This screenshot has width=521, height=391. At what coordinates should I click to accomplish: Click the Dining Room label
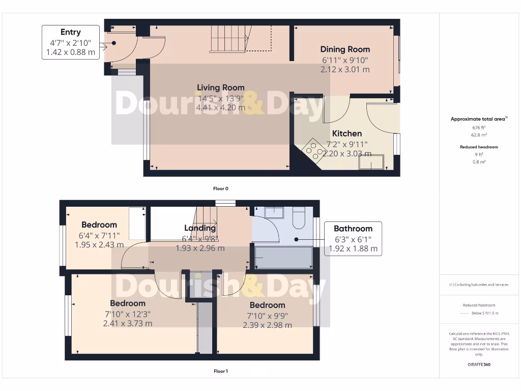(x=345, y=49)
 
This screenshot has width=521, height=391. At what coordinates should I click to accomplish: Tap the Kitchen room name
(x=347, y=133)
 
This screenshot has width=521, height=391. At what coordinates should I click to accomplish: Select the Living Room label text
(x=221, y=88)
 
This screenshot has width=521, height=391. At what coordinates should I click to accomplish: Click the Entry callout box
(x=71, y=42)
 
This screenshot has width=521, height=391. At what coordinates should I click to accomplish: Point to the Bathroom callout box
(x=353, y=239)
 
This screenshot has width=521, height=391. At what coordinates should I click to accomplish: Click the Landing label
(x=200, y=228)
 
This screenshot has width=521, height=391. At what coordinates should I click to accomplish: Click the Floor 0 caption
(x=221, y=188)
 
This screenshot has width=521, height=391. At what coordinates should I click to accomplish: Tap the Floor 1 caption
(x=221, y=371)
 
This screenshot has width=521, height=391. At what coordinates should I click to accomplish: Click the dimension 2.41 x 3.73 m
(x=128, y=323)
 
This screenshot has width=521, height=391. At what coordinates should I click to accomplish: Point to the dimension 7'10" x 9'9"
(x=267, y=315)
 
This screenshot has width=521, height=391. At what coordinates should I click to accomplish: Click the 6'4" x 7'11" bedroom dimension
(x=99, y=235)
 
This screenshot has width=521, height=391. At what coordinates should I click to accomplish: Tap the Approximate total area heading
(x=478, y=119)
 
